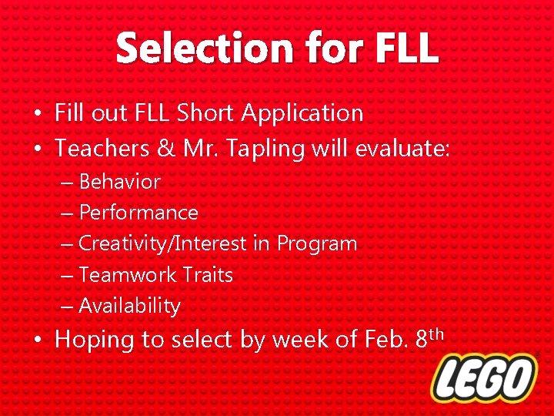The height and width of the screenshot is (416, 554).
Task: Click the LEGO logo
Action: pos(483,378)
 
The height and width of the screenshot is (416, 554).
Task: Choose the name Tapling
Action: pos(269,148)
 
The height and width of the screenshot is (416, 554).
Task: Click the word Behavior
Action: pos(119,183)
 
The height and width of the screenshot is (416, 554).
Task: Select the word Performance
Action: pos(138,213)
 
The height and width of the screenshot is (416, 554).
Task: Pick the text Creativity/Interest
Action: pos(163,244)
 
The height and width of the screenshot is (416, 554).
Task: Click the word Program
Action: pos(317,244)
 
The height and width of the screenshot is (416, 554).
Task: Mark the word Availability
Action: pos(129,306)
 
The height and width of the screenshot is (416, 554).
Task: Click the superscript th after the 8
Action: pos(436,332)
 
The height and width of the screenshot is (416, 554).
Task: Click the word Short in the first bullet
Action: pos(206,113)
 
